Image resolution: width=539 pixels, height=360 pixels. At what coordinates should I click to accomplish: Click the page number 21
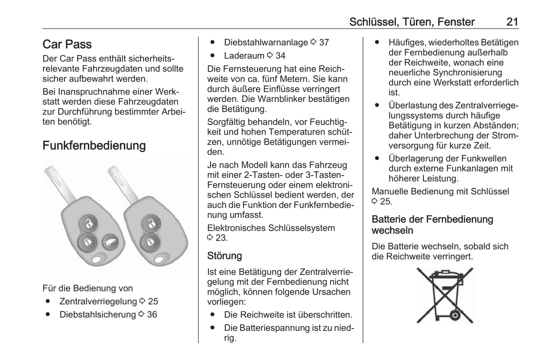click(512, 22)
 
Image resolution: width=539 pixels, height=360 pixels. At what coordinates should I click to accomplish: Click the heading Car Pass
click(67, 44)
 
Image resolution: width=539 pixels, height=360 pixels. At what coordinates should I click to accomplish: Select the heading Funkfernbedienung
click(94, 145)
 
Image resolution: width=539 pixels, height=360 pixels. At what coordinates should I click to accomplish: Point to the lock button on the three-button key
click(87, 242)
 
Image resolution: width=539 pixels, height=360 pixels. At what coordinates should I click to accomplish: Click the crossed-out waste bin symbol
click(445, 295)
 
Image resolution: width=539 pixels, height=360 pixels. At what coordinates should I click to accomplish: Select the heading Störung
click(225, 256)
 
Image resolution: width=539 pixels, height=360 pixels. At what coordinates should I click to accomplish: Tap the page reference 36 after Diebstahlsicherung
click(152, 314)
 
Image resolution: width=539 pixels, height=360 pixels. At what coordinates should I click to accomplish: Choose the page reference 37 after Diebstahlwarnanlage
click(324, 43)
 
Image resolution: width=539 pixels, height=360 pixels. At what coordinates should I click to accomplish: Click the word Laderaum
click(244, 56)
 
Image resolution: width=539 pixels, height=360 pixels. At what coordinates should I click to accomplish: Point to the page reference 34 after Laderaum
click(280, 56)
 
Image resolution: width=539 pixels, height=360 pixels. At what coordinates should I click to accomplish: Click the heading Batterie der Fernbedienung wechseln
click(432, 225)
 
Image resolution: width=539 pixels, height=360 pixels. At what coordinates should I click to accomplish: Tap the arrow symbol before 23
click(210, 238)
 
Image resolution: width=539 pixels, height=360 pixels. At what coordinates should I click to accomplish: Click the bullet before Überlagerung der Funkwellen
click(377, 159)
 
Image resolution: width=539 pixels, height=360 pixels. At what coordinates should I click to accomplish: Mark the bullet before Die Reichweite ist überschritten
click(213, 315)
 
